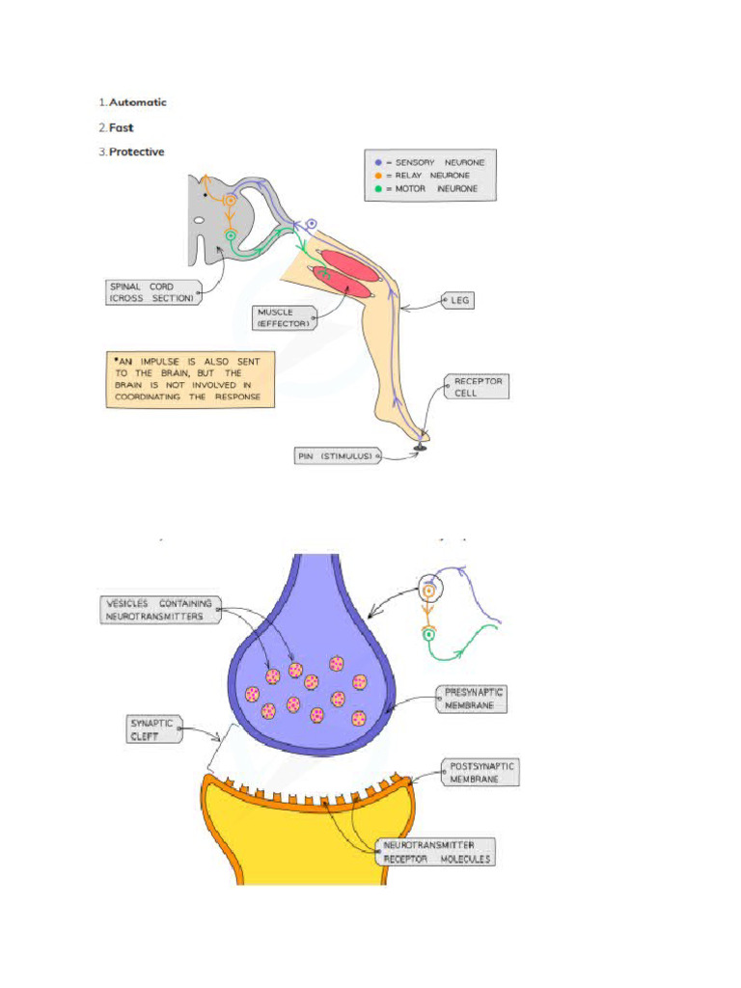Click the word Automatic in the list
click(137, 102)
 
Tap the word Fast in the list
click(121, 127)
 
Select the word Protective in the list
click(136, 151)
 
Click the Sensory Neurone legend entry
click(430, 162)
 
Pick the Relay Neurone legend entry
click(430, 176)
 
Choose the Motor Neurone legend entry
click(430, 189)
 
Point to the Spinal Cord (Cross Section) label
click(152, 291)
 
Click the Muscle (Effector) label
click(284, 317)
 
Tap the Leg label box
click(459, 301)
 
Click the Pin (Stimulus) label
click(336, 455)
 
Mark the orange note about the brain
click(189, 378)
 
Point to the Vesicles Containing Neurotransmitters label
click(158, 609)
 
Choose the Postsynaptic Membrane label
click(481, 772)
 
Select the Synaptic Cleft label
click(154, 727)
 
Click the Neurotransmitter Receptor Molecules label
click(436, 851)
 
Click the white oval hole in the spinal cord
click(198, 220)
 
